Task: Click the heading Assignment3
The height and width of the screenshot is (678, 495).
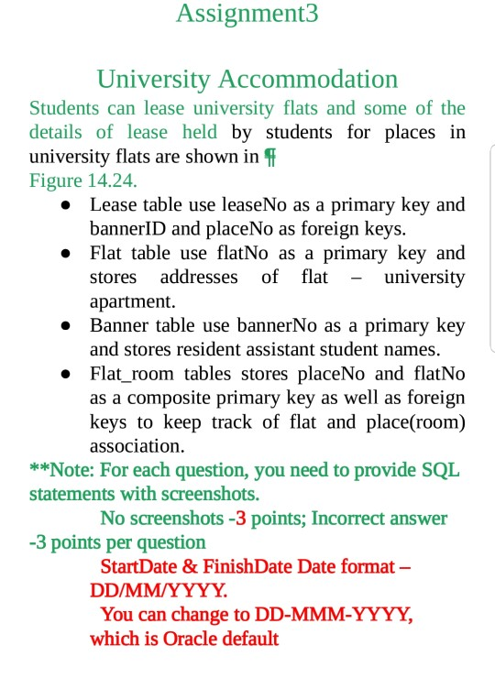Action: point(247,15)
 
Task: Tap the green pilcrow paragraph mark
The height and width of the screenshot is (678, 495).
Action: point(269,156)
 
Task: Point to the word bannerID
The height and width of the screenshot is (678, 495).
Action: point(126,228)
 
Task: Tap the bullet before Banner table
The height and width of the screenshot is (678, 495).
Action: point(66,326)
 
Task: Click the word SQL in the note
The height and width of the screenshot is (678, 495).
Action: point(442,471)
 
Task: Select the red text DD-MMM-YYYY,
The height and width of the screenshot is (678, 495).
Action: point(336,615)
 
